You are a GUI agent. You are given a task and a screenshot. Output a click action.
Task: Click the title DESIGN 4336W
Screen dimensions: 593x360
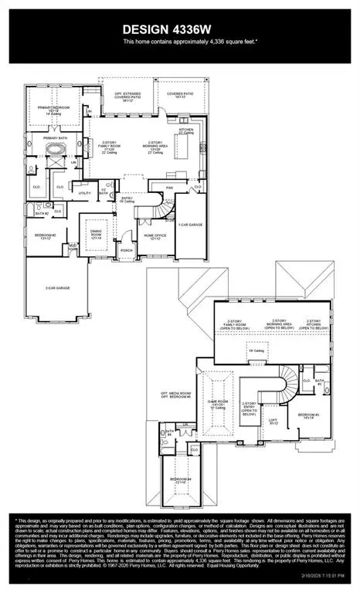point(179,29)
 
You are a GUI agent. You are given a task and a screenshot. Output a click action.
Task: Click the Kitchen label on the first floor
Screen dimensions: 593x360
point(186,131)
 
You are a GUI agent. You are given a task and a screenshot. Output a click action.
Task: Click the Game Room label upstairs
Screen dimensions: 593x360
point(218,403)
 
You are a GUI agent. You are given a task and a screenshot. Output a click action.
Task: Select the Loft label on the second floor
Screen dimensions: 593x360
point(272,421)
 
